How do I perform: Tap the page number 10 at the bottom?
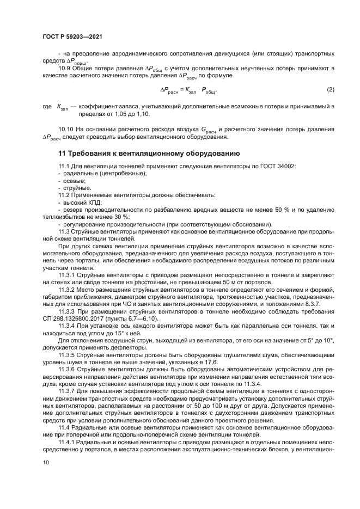[46, 463]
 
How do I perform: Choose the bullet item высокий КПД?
[79, 202]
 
